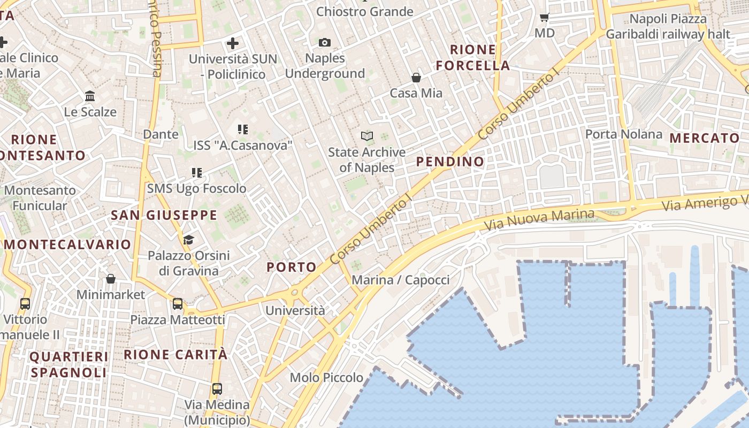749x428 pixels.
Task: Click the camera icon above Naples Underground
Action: pos(324,42)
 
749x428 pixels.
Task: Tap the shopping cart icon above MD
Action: pos(545,17)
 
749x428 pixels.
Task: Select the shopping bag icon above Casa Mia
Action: pos(416,78)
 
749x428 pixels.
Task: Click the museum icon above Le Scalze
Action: pos(90,96)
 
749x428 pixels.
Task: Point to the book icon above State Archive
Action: pos(367,136)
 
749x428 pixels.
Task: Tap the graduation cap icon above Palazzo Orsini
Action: pos(188,239)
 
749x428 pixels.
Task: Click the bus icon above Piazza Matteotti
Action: pos(178,304)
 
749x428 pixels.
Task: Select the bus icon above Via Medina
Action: pos(217,388)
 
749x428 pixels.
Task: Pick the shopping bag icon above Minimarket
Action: pos(111,279)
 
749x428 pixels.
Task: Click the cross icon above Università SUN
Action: pos(233,43)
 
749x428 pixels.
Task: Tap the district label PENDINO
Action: pos(450,162)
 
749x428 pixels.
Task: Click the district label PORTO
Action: pos(292,267)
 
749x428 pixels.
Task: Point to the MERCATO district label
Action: pos(704,138)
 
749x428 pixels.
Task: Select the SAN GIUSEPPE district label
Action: pos(164,216)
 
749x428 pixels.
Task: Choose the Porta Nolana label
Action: pos(624,134)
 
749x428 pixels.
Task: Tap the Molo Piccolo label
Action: pos(326,378)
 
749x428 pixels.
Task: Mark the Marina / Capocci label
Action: pos(401,280)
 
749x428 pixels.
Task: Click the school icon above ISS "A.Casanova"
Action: pos(243,129)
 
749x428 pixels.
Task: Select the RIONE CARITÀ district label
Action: pos(175,354)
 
